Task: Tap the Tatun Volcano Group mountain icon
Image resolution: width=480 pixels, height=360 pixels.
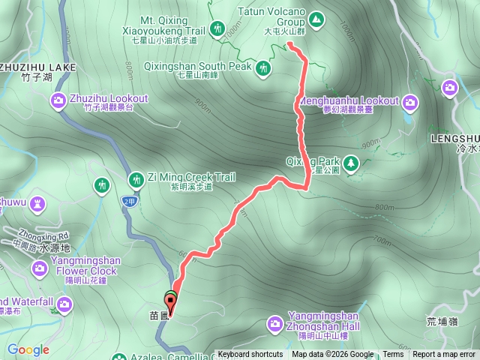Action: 317,16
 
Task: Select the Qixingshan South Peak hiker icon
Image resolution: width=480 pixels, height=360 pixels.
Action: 262,69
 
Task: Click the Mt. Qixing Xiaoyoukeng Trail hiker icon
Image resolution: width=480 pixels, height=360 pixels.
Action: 217,28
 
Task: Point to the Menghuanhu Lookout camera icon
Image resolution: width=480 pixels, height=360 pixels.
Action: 410,101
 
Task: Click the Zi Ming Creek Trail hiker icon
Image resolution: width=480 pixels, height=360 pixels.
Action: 136,178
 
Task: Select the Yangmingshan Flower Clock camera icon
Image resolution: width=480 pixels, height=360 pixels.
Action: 39,268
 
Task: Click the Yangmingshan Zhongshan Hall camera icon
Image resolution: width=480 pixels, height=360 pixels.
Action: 275,323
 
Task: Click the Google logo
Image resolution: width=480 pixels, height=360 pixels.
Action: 28,349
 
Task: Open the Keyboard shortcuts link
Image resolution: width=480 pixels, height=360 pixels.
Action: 250,355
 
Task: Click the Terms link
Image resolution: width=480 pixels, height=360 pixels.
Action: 392,355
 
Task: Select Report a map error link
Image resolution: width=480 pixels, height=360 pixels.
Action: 444,355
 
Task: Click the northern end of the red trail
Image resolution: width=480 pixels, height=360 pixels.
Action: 289,44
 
